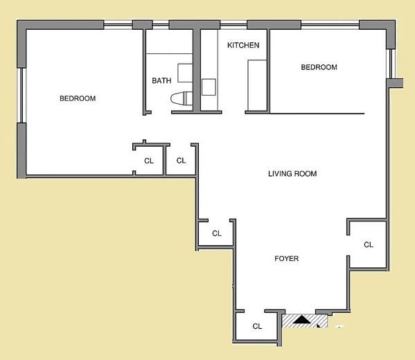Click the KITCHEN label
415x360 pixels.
(243, 45)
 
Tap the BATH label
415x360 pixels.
(161, 80)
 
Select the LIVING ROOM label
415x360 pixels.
(292, 174)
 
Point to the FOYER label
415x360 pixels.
(287, 258)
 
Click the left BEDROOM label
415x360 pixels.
(78, 98)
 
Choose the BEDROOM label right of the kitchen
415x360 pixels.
(319, 67)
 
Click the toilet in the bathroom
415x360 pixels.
(182, 98)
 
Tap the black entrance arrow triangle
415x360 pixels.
(301, 319)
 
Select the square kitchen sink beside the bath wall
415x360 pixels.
(209, 87)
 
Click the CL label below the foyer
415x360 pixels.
(257, 326)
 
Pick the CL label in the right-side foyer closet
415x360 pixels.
(369, 244)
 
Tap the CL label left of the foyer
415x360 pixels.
(217, 233)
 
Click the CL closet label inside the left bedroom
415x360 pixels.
(149, 161)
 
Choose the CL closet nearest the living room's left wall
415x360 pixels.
(181, 161)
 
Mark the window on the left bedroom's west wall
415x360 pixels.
(21, 96)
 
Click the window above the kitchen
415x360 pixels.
(233, 25)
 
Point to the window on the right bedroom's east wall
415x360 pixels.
(391, 64)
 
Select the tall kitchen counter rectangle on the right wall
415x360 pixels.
(257, 85)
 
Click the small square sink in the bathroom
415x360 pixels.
(185, 73)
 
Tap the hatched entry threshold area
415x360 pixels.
(305, 321)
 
